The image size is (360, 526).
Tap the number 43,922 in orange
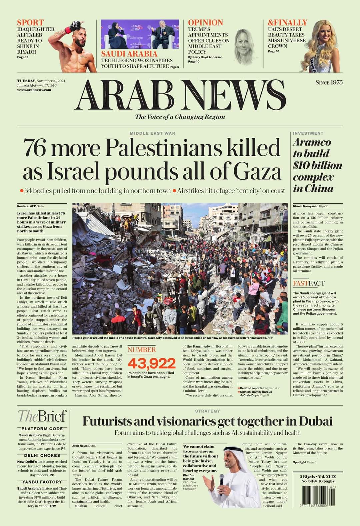152,363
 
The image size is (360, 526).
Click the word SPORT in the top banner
30,23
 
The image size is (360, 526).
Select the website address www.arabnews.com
34,90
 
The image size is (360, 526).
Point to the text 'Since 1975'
329,82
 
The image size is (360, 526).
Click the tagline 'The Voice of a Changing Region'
180,117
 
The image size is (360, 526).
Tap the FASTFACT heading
309,283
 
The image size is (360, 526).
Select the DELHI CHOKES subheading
42,455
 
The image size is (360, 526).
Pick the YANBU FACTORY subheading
42,482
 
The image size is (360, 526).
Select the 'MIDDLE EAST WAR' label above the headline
152,133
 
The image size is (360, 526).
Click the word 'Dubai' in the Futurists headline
315,421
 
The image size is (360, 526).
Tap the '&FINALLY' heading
287,23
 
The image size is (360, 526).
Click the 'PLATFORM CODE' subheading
42,429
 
